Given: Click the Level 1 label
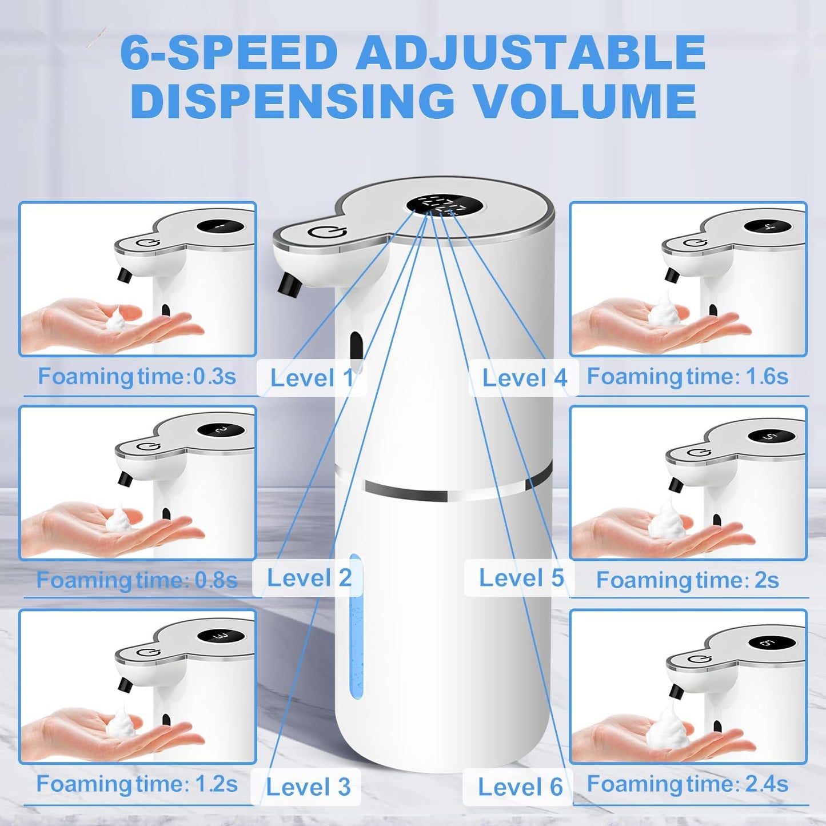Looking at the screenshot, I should pyautogui.click(x=312, y=378).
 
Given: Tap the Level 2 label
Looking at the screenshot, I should pyautogui.click(x=309, y=578).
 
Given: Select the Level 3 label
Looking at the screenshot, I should pyautogui.click(x=308, y=787).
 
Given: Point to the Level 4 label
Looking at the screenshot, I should pyautogui.click(x=524, y=378).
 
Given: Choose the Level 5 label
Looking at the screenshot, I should pyautogui.click(x=521, y=578).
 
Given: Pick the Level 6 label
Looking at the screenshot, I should pyautogui.click(x=520, y=787).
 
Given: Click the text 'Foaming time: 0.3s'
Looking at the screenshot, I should pyautogui.click(x=137, y=377).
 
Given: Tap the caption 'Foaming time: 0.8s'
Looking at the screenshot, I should pyautogui.click(x=137, y=580).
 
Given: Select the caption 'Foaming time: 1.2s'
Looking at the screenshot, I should pyautogui.click(x=137, y=784).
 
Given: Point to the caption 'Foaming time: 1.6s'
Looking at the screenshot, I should pyautogui.click(x=688, y=377).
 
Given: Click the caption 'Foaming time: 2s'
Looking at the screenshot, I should pyautogui.click(x=688, y=580).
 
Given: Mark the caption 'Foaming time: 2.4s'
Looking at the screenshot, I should pyautogui.click(x=688, y=784).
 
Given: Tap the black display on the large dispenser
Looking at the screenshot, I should pyautogui.click(x=444, y=205).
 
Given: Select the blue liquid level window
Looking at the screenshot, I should pyautogui.click(x=356, y=627).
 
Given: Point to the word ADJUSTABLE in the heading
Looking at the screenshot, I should pyautogui.click(x=530, y=53).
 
